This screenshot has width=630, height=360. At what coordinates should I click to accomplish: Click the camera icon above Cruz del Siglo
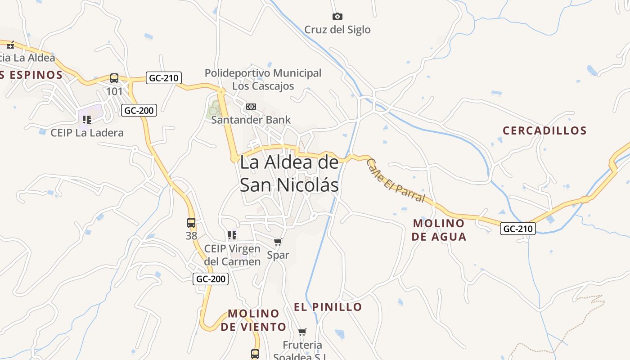pyautogui.click(x=337, y=17)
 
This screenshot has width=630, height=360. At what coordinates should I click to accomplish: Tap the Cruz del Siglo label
pyautogui.click(x=337, y=30)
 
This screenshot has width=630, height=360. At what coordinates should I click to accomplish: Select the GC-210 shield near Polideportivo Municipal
pyautogui.click(x=164, y=78)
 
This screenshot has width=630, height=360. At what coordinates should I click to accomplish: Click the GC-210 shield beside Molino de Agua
pyautogui.click(x=518, y=229)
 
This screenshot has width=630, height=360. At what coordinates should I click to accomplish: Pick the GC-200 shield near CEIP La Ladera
pyautogui.click(x=139, y=110)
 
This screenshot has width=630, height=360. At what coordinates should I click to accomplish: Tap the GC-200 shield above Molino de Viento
pyautogui.click(x=211, y=279)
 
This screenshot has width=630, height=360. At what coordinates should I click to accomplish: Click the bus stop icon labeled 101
pyautogui.click(x=114, y=78)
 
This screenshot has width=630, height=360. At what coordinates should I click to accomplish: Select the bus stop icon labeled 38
pyautogui.click(x=191, y=223)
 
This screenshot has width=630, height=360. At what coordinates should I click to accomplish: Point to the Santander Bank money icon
pyautogui.click(x=251, y=107)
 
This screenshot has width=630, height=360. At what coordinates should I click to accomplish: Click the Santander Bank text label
pyautogui.click(x=251, y=120)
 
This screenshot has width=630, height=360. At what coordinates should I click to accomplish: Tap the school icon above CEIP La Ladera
pyautogui.click(x=87, y=120)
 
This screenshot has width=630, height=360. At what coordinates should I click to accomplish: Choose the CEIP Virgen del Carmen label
pyautogui.click(x=232, y=255)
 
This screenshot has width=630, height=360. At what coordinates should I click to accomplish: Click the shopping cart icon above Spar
pyautogui.click(x=278, y=242)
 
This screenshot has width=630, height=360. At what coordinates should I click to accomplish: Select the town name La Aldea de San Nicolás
pyautogui.click(x=289, y=174)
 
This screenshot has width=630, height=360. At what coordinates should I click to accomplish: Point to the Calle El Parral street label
pyautogui.click(x=396, y=180)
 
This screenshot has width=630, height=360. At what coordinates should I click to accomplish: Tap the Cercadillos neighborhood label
pyautogui.click(x=544, y=131)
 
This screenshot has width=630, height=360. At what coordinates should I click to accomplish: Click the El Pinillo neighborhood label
pyautogui.click(x=328, y=307)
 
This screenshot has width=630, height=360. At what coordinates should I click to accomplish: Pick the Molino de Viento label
pyautogui.click(x=253, y=320)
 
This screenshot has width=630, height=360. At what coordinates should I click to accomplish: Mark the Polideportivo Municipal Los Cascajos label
pyautogui.click(x=263, y=79)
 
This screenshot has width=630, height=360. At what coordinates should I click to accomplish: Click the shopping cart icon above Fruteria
pyautogui.click(x=302, y=332)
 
